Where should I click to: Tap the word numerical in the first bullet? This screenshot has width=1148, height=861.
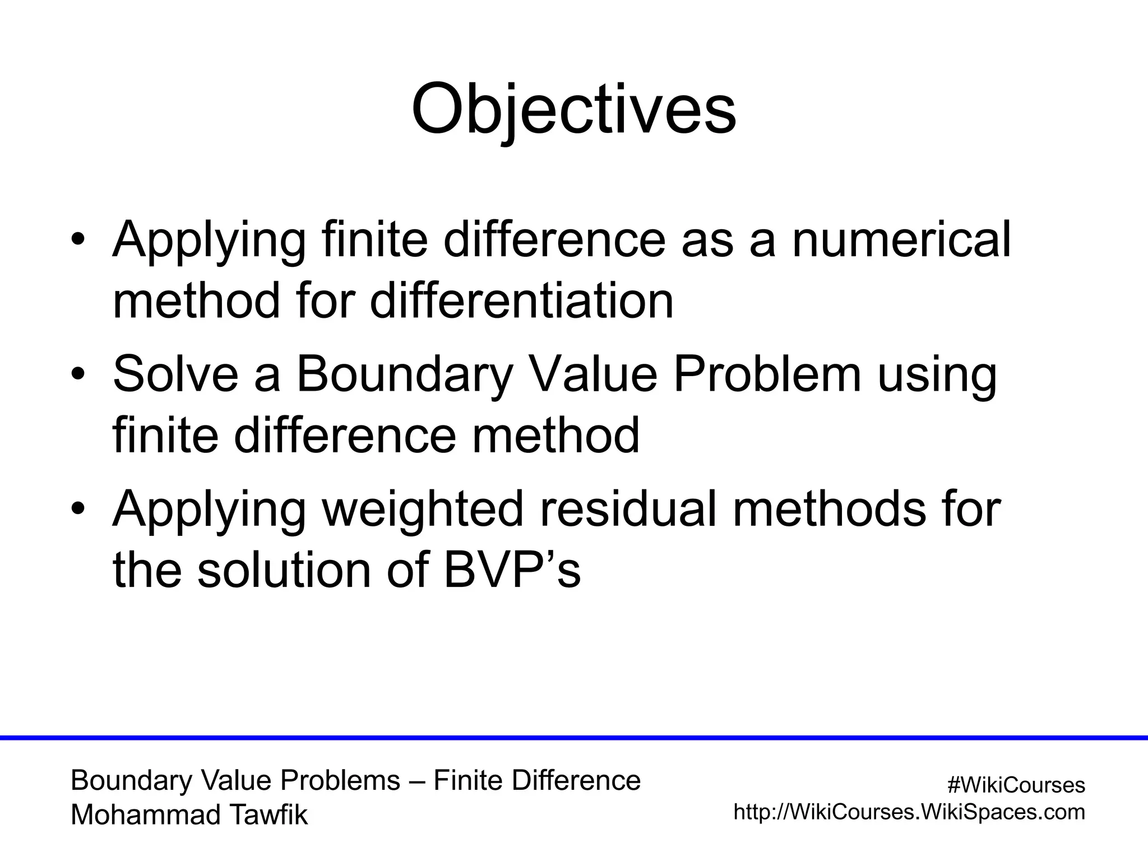(901, 240)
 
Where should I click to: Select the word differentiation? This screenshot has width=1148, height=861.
(521, 301)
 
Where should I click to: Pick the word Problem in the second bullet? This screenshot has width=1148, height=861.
(767, 374)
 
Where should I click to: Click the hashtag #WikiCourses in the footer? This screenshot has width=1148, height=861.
(1016, 785)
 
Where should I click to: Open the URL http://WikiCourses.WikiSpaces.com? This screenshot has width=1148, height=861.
(909, 812)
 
